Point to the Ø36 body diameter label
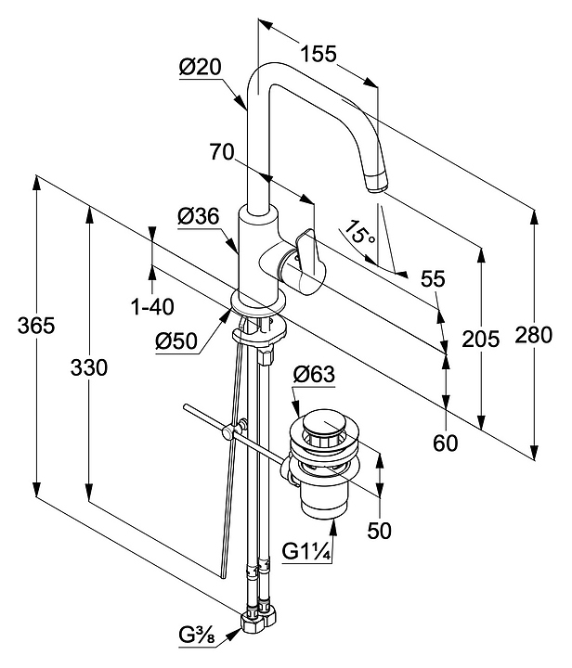point(198,216)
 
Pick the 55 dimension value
point(434,278)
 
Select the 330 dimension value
point(89,367)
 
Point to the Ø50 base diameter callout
point(175,341)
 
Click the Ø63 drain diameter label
point(313,376)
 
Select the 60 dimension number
point(447,443)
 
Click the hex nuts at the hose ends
point(257,619)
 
